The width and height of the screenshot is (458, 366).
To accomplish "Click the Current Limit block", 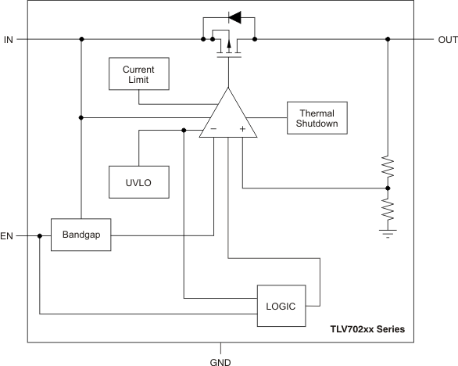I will point(138,74).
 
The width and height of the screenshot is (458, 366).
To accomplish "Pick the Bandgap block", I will point(81,235).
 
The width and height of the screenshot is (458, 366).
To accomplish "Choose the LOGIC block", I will point(279,306).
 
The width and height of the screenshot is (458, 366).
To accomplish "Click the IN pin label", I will point(9,39).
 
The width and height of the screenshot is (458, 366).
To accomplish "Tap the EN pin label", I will point(9,235).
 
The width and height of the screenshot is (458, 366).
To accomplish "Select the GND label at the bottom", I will point(220,361).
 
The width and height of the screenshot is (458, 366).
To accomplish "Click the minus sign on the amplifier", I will point(213,129).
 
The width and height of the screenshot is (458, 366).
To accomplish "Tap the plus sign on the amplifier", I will point(242,129).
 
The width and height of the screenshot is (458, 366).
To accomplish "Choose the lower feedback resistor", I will point(388,209).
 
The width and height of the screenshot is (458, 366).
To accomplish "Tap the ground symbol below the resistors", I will point(388,232).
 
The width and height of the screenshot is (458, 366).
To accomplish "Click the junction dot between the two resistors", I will point(388,188).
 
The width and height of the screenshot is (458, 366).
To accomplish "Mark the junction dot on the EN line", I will point(39,235).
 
